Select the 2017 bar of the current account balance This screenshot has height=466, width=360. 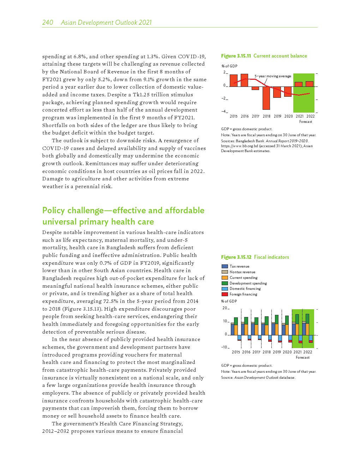(x=255, y=88)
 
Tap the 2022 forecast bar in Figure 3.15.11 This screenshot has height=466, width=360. (x=310, y=84)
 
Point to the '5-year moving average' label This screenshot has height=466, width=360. (x=273, y=76)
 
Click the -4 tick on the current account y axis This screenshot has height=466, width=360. (x=223, y=112)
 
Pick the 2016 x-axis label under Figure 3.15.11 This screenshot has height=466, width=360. (x=245, y=116)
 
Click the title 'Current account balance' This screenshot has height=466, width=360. (x=280, y=56)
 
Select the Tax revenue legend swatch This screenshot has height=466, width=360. (x=224, y=267)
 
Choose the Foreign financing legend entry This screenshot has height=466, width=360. (x=243, y=294)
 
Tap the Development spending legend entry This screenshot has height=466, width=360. (x=248, y=283)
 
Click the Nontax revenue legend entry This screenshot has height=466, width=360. (x=242, y=272)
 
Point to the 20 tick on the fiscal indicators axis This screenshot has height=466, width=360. (x=224, y=308)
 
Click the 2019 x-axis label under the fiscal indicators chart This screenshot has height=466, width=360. (x=277, y=352)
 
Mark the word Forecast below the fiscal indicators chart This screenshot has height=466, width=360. (x=302, y=357)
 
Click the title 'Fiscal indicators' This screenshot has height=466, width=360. (x=271, y=257)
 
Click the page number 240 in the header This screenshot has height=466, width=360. (x=48, y=23)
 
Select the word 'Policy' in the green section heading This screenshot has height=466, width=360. (x=53, y=210)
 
